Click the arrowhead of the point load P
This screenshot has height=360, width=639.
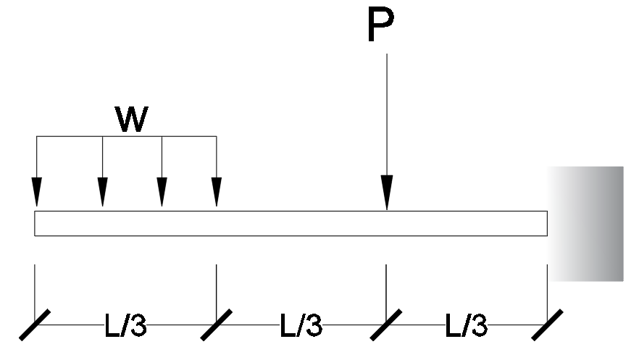point(387,194)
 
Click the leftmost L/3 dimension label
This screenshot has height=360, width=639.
point(126,327)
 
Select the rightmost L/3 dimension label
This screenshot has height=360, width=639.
point(467,327)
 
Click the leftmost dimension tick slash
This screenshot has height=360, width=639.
point(35,326)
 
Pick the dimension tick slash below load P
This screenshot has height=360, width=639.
point(385,326)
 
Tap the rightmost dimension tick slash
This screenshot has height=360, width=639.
point(547,326)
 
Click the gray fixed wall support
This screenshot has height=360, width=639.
point(585,223)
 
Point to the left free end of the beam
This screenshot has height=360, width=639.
point(36,223)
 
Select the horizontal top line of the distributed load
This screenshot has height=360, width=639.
point(127,135)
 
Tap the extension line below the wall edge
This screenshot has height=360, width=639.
point(547,290)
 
